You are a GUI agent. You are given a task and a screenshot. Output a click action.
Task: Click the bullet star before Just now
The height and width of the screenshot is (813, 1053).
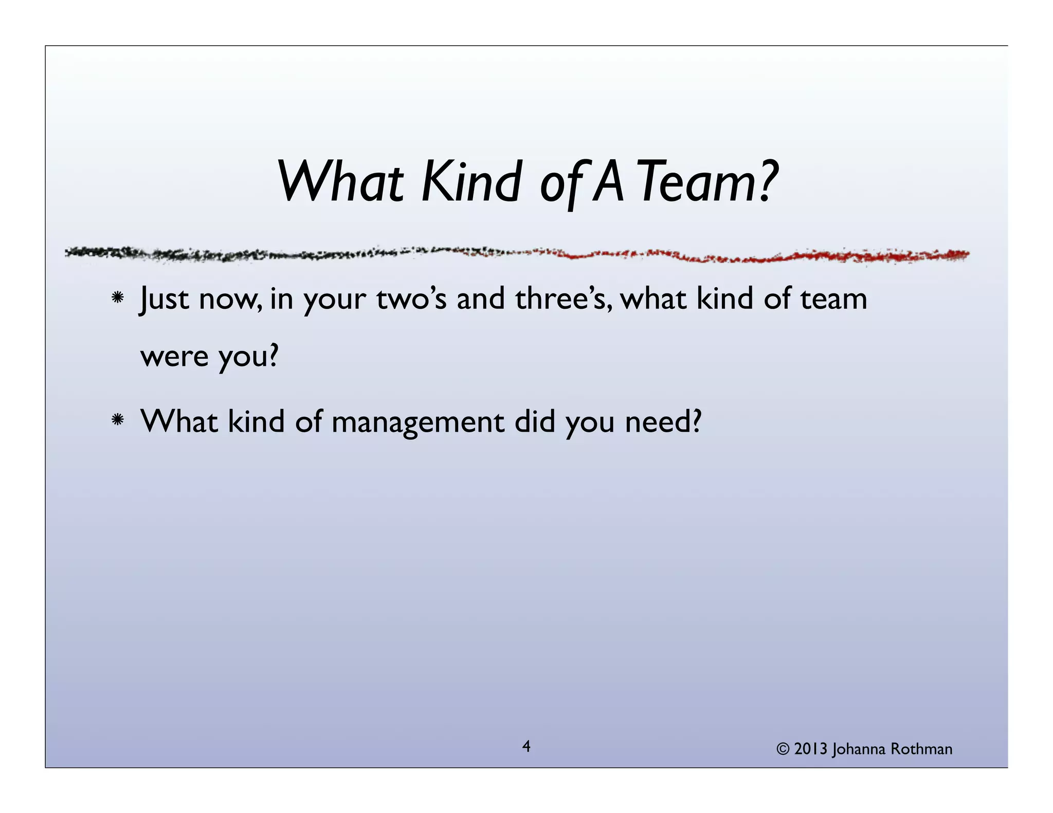coord(118,298)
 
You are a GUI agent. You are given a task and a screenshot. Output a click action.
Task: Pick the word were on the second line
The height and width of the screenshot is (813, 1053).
coord(174,356)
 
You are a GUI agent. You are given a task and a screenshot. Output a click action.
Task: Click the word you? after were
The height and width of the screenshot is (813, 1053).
coord(248,356)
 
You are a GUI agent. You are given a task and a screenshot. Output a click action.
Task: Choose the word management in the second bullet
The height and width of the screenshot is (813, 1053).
coord(417,422)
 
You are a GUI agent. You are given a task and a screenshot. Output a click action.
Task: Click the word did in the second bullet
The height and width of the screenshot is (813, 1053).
coord(535,422)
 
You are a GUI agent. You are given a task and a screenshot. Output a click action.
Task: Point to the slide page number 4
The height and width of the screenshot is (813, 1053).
coord(526,746)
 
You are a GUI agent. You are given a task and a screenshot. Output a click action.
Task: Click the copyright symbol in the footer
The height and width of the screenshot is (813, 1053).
coord(783,749)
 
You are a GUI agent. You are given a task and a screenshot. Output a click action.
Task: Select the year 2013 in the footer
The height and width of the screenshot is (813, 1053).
coord(811,749)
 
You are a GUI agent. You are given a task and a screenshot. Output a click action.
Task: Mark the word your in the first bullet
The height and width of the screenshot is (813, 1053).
coord(334,300)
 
